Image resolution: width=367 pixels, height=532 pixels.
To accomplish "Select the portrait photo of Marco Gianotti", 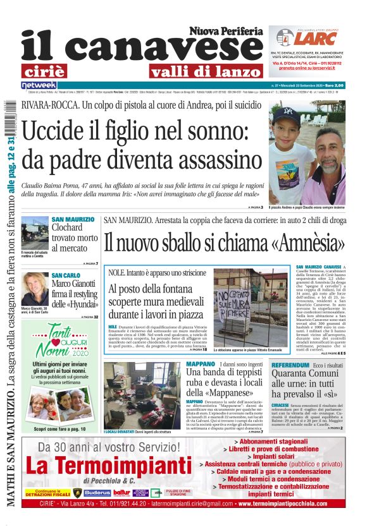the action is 35,288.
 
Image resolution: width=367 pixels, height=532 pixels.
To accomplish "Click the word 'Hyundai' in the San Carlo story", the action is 80,304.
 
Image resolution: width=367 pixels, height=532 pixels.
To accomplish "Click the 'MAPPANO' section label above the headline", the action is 201,365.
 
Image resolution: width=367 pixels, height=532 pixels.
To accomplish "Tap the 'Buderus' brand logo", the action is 97,492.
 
